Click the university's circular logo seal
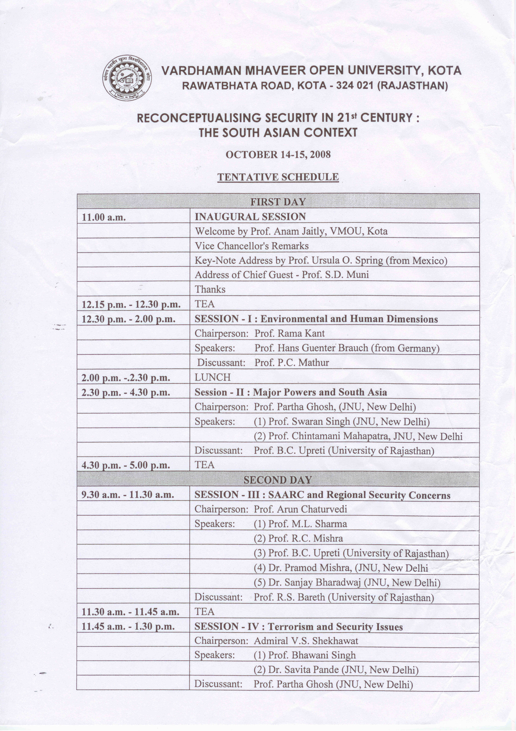point(127,78)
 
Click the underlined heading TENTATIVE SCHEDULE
point(278,177)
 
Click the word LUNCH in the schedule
point(213,377)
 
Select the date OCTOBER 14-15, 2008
point(278,155)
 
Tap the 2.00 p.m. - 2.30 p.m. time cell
point(126,378)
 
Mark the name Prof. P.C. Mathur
point(291,363)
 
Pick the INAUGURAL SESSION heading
point(250,217)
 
